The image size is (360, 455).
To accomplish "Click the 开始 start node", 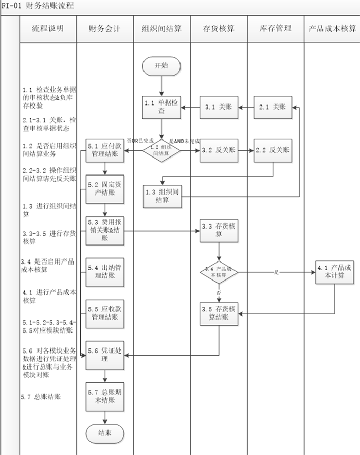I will pyautogui.click(x=161, y=66).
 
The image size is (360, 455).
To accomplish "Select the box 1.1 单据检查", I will pyautogui.click(x=162, y=107).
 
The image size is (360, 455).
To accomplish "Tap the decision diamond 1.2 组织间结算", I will pyautogui.click(x=161, y=150).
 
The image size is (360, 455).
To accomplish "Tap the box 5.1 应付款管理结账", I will pyautogui.click(x=105, y=150).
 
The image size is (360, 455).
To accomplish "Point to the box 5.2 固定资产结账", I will pyautogui.click(x=105, y=188).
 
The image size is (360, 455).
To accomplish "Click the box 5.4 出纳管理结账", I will pyautogui.click(x=105, y=272).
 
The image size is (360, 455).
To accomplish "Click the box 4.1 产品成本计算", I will pyautogui.click(x=335, y=272).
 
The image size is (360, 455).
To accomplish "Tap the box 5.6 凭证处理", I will pyautogui.click(x=105, y=355).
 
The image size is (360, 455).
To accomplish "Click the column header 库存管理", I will pyautogui.click(x=275, y=29).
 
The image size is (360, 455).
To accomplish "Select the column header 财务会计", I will pyautogui.click(x=104, y=29).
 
